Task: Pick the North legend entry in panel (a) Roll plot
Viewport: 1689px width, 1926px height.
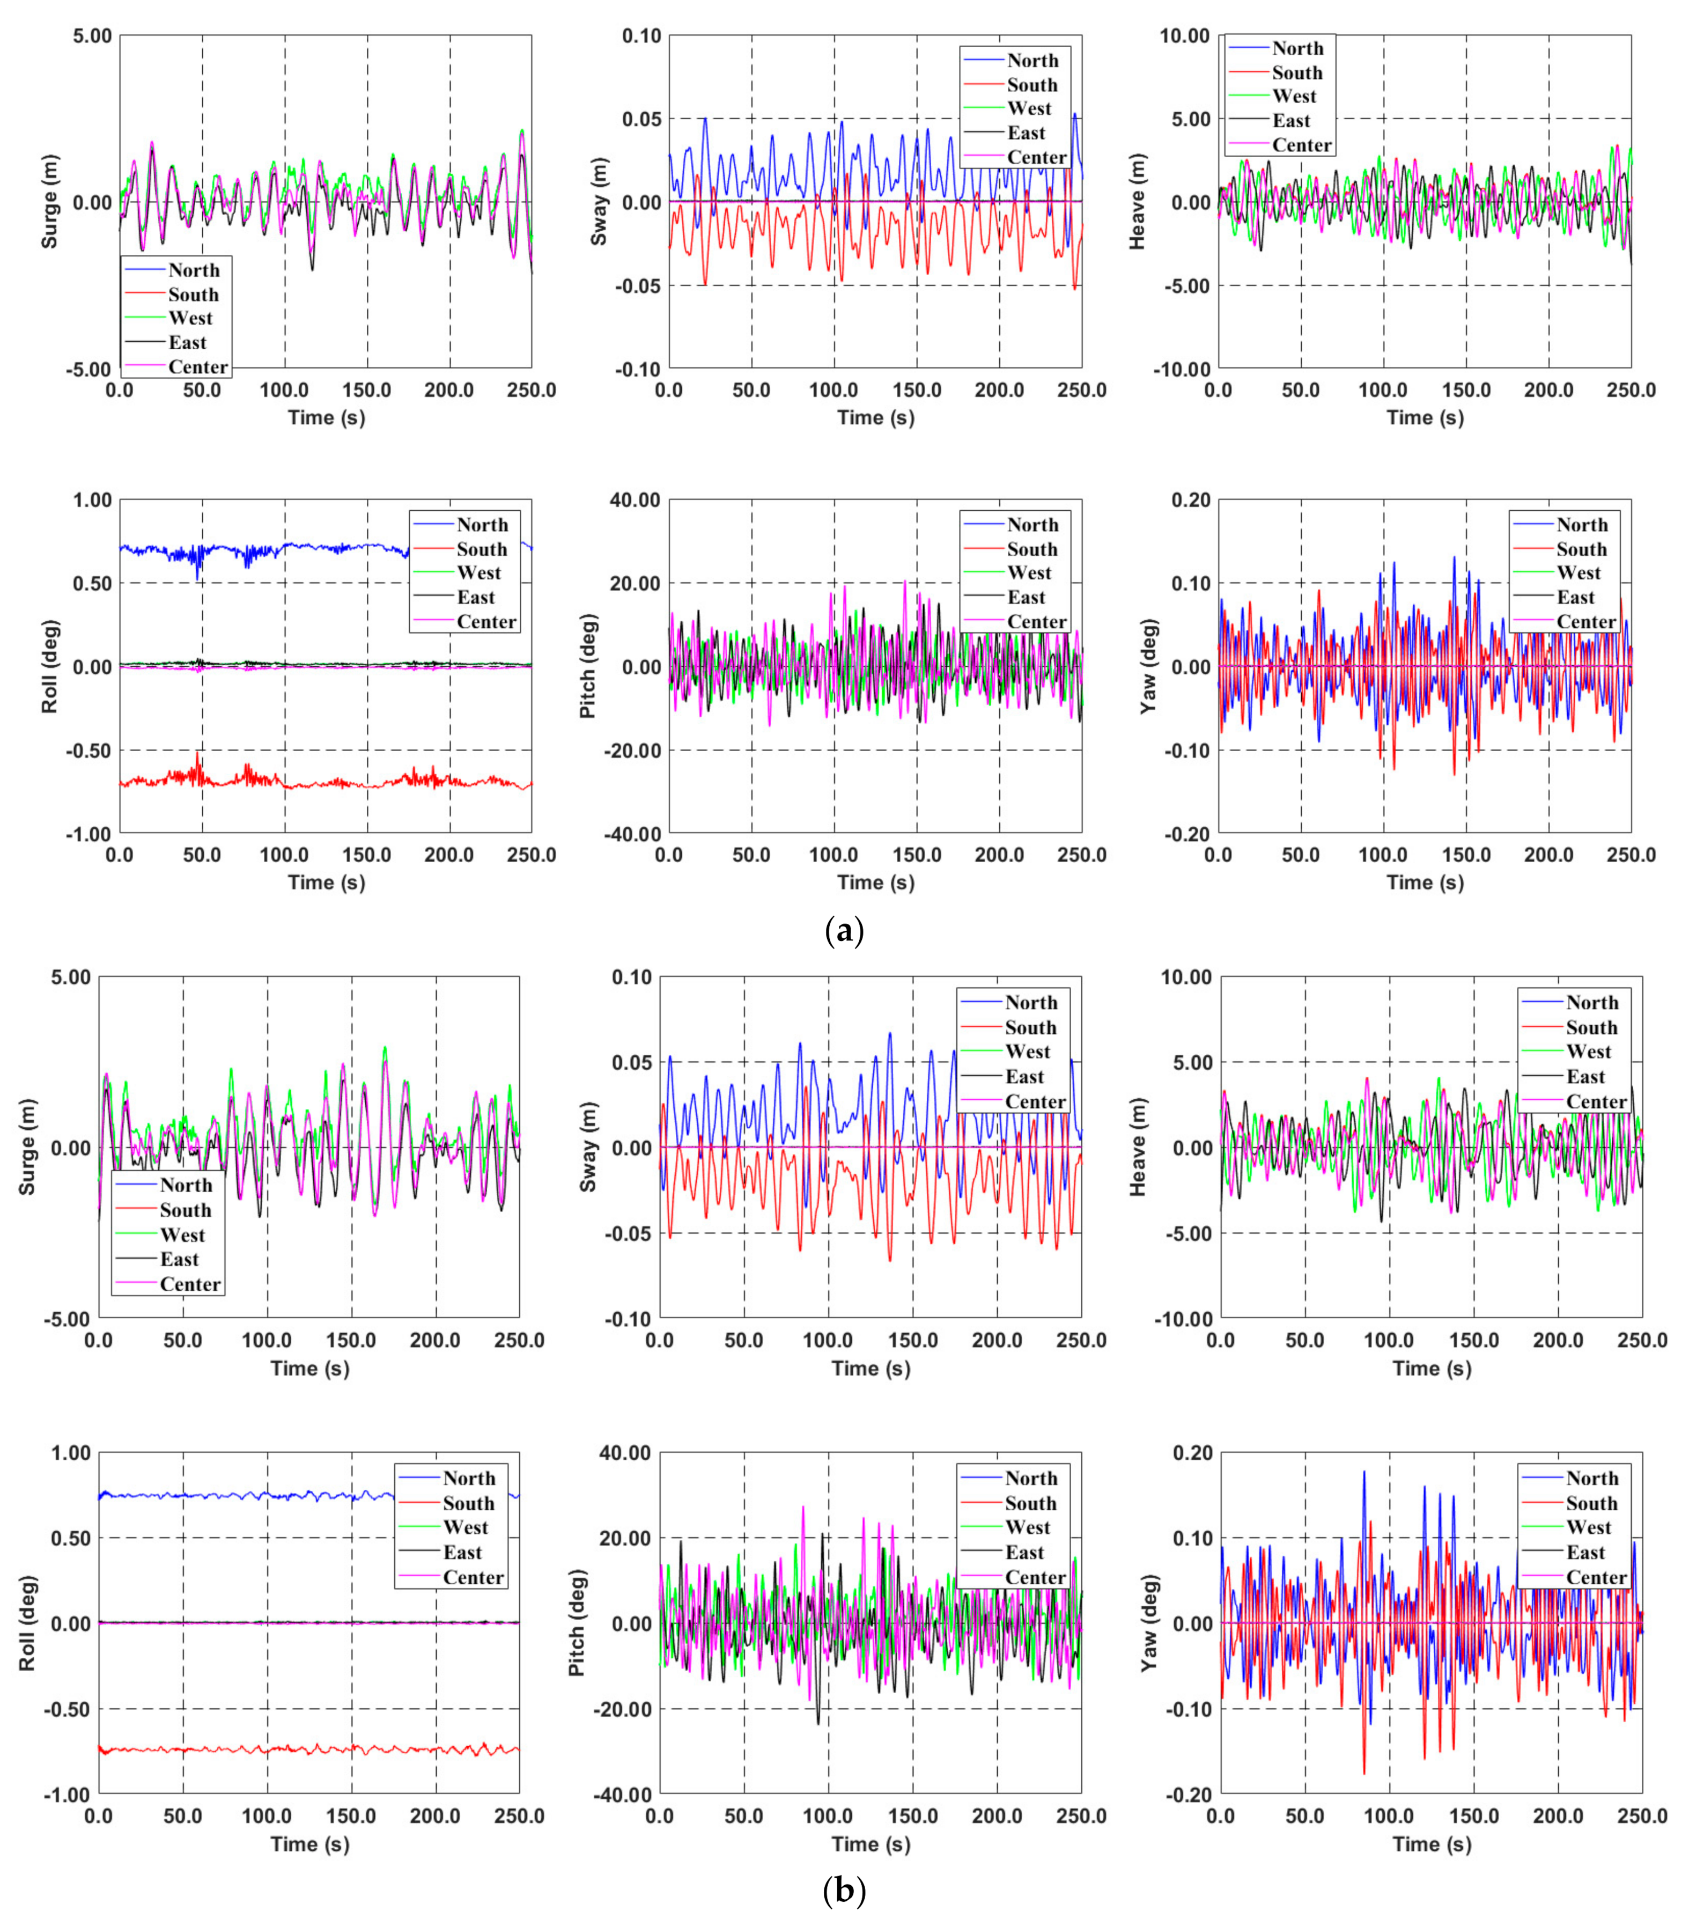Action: click(x=481, y=525)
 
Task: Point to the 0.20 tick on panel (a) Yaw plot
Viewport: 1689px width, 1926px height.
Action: click(x=1191, y=501)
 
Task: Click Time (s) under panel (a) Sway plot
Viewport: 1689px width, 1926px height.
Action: click(x=875, y=417)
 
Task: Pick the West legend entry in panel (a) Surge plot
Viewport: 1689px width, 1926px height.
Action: click(x=190, y=319)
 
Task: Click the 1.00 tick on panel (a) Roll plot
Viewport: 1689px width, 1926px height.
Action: click(x=91, y=501)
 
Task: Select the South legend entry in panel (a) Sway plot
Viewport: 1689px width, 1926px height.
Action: click(x=1031, y=85)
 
